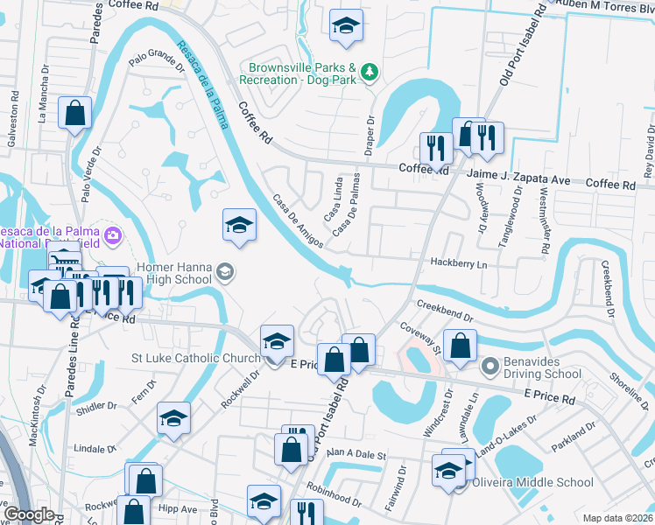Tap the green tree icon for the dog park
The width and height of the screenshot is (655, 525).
point(370,70)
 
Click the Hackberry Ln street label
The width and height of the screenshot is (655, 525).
point(458,263)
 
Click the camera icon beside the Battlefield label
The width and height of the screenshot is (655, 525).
point(112,234)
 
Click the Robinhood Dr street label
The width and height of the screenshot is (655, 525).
point(333,497)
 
